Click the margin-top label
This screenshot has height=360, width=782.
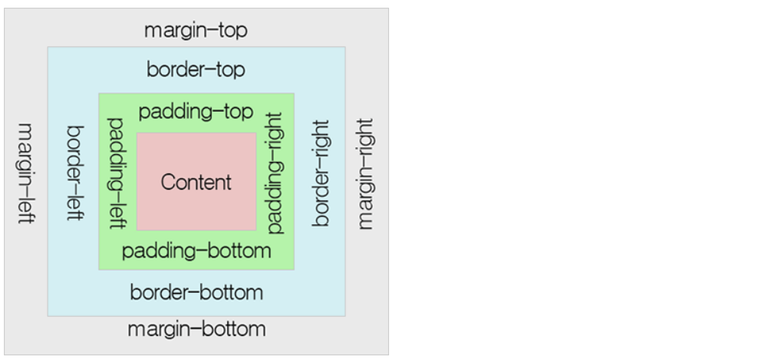(196, 31)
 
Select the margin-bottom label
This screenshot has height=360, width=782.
(196, 329)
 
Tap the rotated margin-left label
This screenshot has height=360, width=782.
(25, 173)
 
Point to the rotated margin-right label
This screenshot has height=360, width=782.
(365, 173)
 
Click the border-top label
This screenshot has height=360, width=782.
(196, 70)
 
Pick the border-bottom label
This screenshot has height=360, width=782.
(196, 293)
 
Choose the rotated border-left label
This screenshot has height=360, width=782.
(75, 173)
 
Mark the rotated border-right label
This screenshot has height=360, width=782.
(322, 173)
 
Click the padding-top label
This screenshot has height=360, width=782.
(196, 113)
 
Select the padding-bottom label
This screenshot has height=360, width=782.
(196, 251)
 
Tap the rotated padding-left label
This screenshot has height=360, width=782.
(117, 173)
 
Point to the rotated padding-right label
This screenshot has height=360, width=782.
(275, 173)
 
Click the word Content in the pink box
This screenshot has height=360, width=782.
(196, 183)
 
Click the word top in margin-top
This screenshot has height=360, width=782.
(233, 32)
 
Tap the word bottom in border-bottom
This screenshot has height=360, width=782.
(233, 293)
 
